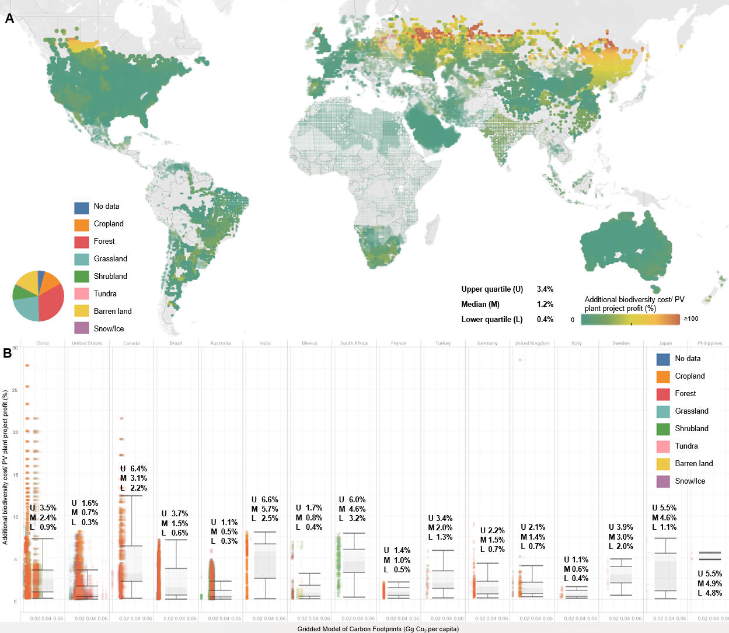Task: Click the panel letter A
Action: [x=9, y=18]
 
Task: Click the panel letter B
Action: [x=8, y=352]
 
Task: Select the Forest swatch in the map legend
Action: [x=82, y=242]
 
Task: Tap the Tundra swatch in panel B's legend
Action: [x=663, y=446]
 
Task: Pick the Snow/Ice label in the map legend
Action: [x=109, y=328]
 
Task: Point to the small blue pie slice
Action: [x=41, y=275]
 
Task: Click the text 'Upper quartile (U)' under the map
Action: [x=492, y=289]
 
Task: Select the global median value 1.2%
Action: [x=545, y=305]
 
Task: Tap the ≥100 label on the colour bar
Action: [x=691, y=319]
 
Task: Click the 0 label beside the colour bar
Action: [x=573, y=320]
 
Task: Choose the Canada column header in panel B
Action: [x=131, y=343]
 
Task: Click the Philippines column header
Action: [x=710, y=343]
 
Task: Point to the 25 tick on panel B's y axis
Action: [x=15, y=390]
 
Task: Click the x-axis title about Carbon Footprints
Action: [x=378, y=629]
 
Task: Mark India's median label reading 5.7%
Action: [x=270, y=509]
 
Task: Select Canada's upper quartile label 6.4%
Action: [x=138, y=469]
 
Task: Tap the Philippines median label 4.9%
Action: [x=714, y=583]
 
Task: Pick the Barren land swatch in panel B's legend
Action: [x=663, y=464]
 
